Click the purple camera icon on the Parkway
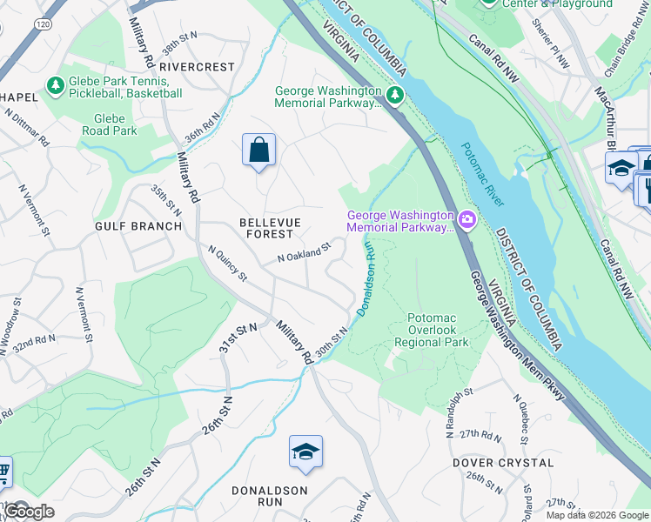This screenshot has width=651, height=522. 467,218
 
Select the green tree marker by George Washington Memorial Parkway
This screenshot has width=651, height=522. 396,93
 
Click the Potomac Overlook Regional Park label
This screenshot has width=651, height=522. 432,331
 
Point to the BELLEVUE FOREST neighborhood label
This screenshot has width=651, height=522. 270,228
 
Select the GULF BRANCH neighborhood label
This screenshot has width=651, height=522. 139,226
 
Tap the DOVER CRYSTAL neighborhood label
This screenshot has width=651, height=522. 503,463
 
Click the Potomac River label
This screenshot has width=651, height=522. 483,174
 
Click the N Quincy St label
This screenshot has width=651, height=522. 228,264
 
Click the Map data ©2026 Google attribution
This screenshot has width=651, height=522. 597,515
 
